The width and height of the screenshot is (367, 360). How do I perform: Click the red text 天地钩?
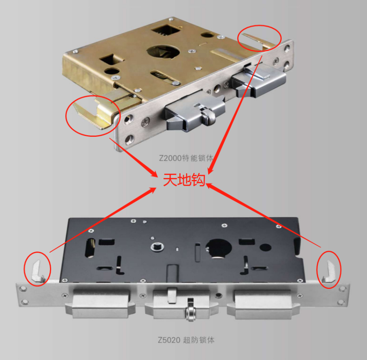click(x=184, y=180)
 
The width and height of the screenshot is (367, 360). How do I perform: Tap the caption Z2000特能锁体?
click(x=186, y=158)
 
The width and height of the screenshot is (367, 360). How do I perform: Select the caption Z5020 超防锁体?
click(x=186, y=340)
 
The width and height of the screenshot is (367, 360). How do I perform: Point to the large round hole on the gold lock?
click(x=163, y=52)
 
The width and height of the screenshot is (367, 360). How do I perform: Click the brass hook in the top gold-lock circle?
click(x=259, y=40)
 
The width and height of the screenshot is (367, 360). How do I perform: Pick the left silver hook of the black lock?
click(x=37, y=271)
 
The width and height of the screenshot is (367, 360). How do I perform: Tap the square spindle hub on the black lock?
click(x=157, y=247)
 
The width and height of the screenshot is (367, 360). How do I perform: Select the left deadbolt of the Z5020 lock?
click(x=100, y=303)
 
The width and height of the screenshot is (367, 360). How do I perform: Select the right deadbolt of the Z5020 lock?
click(x=263, y=304)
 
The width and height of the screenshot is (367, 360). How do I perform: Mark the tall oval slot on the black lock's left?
click(x=90, y=248)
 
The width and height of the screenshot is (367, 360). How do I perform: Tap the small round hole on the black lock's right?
click(x=265, y=247)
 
